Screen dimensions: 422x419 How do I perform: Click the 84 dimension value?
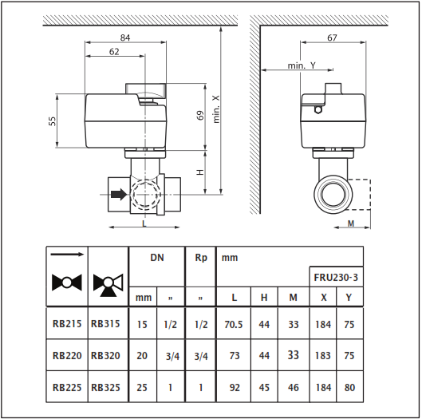(x=125, y=38)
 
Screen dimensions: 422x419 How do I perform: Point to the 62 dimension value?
(x=114, y=51)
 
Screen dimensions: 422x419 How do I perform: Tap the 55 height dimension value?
(x=53, y=121)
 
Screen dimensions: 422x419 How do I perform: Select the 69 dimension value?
(x=200, y=115)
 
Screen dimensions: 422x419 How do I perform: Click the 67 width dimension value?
(x=332, y=38)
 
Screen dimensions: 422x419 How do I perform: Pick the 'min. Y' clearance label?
(x=302, y=65)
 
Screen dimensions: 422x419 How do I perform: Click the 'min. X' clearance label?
(x=216, y=109)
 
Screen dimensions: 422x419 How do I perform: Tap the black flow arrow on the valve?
(x=119, y=194)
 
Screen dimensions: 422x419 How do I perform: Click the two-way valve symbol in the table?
(x=67, y=283)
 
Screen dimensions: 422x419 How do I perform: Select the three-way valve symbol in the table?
(x=108, y=286)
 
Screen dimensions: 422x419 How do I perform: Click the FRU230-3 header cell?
(x=336, y=277)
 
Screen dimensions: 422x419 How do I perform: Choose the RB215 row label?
(x=67, y=324)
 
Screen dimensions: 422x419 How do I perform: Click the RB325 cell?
(x=105, y=388)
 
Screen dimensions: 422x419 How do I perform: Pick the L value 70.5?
(x=234, y=324)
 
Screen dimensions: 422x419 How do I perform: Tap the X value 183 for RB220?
(x=323, y=356)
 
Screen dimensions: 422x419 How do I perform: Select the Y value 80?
(x=349, y=388)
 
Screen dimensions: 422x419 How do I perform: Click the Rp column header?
(x=201, y=258)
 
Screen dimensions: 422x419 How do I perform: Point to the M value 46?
(x=294, y=388)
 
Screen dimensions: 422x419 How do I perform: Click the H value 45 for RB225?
(x=264, y=388)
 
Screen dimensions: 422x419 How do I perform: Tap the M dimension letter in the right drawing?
(x=351, y=223)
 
